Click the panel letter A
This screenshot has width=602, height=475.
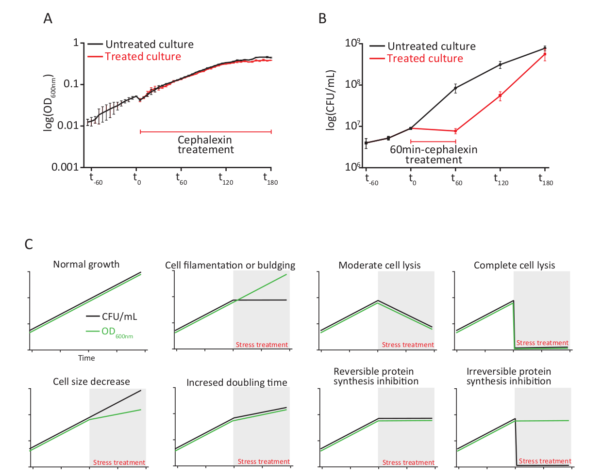(48, 18)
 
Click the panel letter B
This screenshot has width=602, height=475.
(322, 18)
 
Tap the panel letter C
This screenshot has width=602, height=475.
(29, 244)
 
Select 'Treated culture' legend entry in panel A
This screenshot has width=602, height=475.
(143, 57)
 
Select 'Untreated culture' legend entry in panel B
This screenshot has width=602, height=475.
(431, 47)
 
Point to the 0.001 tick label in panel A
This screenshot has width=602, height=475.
(65, 167)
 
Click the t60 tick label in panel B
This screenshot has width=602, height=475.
(456, 179)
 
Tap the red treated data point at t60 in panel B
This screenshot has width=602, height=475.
(455, 131)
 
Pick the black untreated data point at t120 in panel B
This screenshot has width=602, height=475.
(500, 64)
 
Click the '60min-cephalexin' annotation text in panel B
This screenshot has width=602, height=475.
(434, 150)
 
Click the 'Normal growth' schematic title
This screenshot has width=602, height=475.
(86, 264)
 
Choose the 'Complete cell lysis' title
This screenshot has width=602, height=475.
(514, 265)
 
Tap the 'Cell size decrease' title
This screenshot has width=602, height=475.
(91, 381)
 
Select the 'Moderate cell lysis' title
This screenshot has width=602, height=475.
(379, 265)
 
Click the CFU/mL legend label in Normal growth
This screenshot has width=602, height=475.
(119, 317)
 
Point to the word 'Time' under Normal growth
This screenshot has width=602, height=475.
(86, 358)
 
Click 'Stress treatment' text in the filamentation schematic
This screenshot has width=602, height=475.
(262, 345)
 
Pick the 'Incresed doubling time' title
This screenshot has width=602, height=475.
(236, 382)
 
